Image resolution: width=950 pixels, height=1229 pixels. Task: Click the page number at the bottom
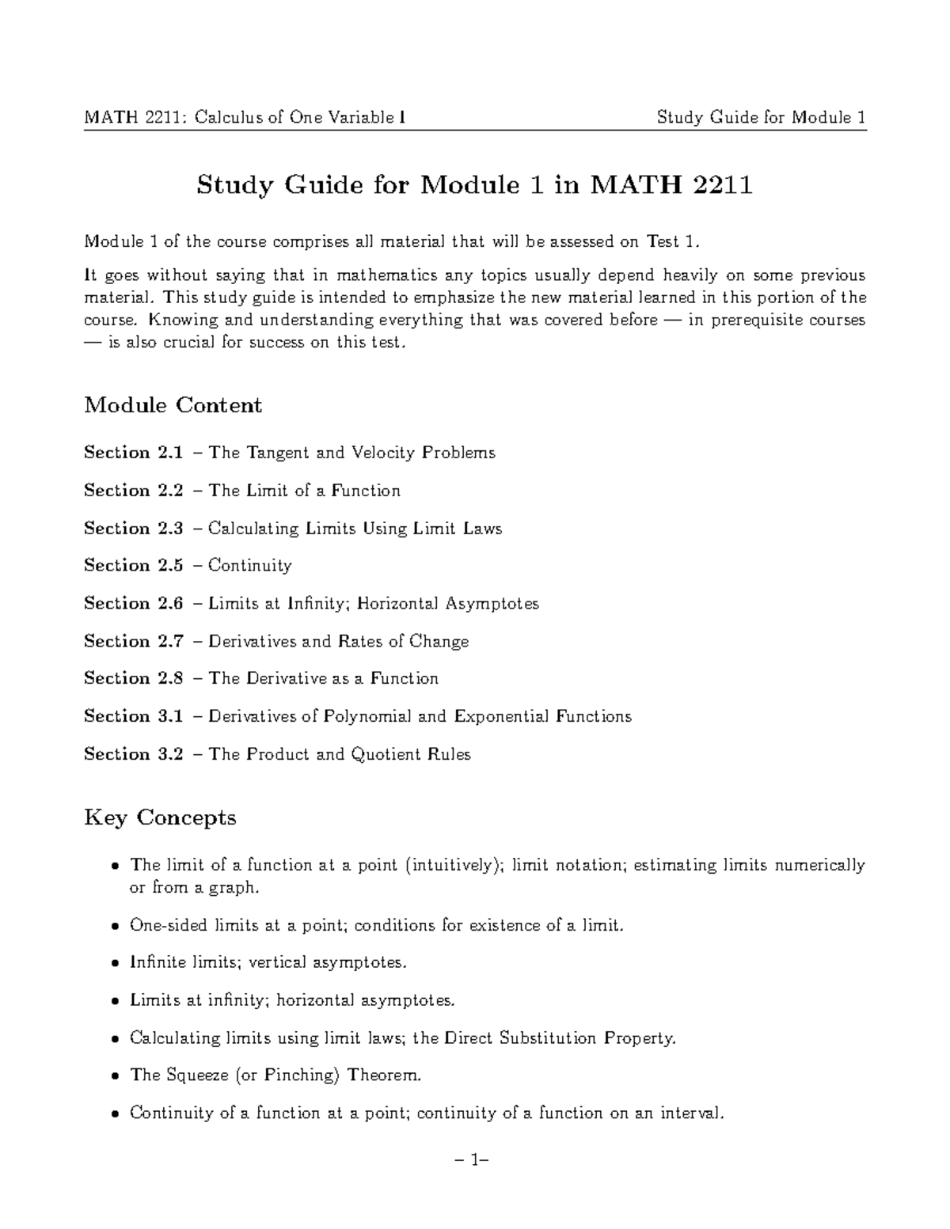click(474, 1161)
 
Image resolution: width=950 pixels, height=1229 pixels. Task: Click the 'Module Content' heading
click(173, 405)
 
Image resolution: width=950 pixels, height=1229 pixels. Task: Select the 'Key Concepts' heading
click(160, 817)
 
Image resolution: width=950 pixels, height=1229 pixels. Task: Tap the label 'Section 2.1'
click(133, 453)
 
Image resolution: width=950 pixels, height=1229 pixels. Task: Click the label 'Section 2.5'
click(133, 565)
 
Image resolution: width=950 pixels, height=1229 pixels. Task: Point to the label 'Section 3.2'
click(133, 754)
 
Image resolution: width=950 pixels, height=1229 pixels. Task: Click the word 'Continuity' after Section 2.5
click(249, 565)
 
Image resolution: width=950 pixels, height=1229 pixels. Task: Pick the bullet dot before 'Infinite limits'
click(116, 964)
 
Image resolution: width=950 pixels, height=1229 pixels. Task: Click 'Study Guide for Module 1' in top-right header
click(761, 118)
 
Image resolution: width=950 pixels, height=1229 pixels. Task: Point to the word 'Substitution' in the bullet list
click(549, 1037)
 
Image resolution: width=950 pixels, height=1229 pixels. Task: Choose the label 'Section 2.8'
click(133, 678)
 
